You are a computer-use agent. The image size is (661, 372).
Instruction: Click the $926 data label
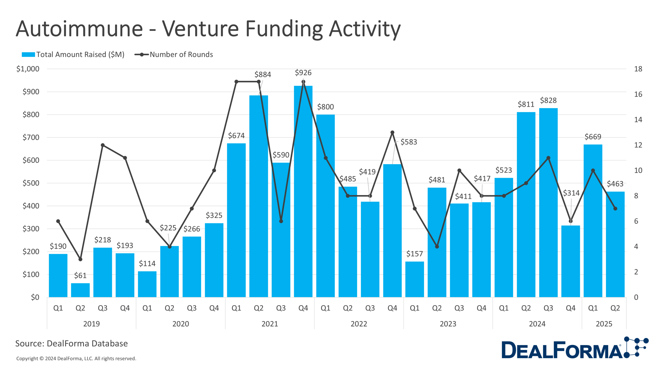click(x=303, y=73)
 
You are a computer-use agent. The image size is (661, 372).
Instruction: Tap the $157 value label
click(x=414, y=254)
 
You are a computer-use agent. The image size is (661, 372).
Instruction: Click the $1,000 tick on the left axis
click(x=28, y=69)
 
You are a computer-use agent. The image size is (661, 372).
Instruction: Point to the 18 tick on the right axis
click(x=638, y=69)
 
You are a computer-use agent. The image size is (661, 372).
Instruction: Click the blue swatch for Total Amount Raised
click(x=28, y=55)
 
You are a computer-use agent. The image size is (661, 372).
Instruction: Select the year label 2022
click(x=359, y=324)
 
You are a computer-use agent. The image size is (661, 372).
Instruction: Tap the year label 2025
click(x=604, y=324)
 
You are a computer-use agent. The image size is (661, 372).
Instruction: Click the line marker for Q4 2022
click(x=392, y=133)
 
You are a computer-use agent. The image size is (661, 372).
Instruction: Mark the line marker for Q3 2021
click(x=281, y=221)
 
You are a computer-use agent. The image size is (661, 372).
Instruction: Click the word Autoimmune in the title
click(x=79, y=29)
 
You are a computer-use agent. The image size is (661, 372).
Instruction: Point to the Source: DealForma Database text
click(x=72, y=343)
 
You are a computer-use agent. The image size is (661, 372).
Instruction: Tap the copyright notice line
click(x=76, y=359)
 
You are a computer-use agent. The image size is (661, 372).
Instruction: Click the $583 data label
click(x=408, y=142)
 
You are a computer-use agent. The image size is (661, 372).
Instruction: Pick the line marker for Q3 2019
click(x=103, y=145)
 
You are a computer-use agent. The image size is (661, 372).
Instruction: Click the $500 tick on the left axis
click(x=31, y=183)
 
